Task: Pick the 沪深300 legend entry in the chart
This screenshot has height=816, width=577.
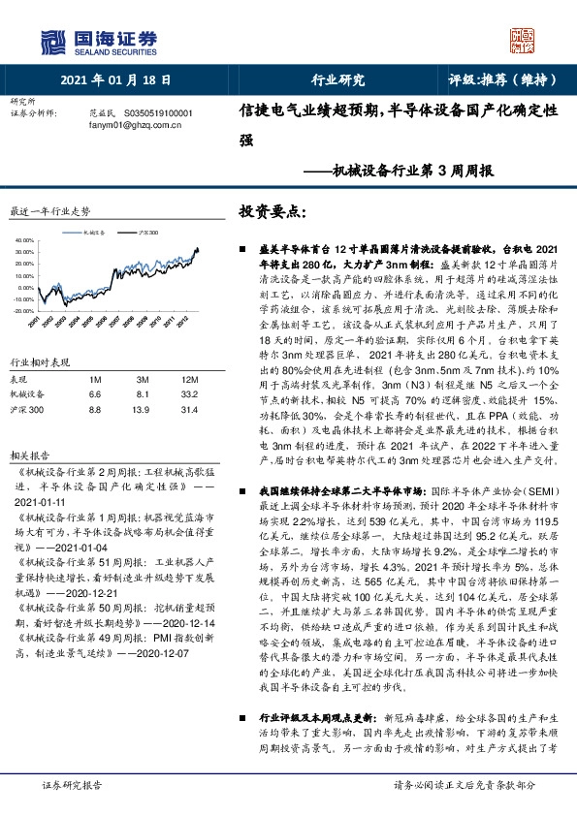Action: coord(148,234)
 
